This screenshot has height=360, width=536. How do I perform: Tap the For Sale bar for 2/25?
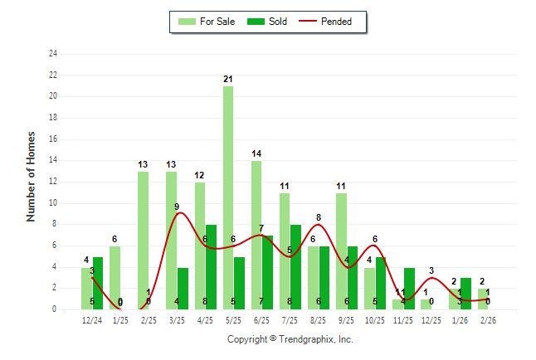tap(143, 240)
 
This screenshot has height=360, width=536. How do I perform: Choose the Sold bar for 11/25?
tap(409, 288)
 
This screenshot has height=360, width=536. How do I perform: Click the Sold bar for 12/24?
tap(98, 283)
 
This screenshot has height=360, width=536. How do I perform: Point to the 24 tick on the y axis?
tap(53, 54)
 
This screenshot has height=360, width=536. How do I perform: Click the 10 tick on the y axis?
tap(53, 202)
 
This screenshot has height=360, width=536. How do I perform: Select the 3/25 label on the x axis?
tap(177, 320)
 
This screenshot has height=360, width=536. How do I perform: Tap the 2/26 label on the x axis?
tap(487, 320)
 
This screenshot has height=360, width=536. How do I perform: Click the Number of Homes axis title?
tap(32, 175)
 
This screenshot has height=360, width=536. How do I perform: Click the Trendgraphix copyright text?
tap(290, 339)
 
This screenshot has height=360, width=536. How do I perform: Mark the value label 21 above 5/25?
tap(227, 79)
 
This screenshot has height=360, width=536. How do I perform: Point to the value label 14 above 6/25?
tap(256, 153)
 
